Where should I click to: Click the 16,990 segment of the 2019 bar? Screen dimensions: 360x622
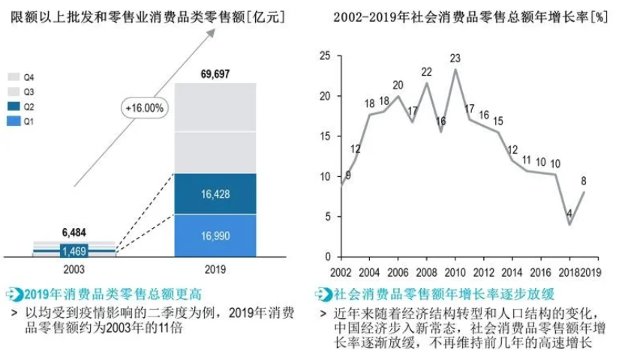215,235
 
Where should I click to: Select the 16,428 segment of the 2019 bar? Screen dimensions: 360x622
215,193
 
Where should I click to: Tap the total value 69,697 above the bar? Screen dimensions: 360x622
215,73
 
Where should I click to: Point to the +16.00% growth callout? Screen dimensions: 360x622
145,108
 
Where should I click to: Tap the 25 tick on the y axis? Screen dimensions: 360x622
324,55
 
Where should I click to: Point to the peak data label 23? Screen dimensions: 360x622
455,58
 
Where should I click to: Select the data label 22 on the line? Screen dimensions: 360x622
426,72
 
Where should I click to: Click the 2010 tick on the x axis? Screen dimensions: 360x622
455,271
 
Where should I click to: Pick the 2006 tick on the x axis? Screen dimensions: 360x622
398,271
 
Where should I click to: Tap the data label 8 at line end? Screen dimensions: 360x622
583,180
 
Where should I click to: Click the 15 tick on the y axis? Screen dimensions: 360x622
324,136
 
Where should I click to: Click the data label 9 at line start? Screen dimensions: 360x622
347,175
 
